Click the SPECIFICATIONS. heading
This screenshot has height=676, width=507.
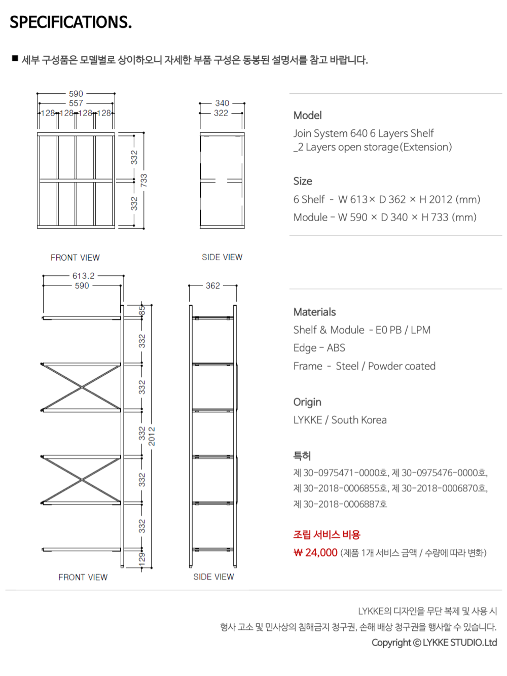[x=70, y=22]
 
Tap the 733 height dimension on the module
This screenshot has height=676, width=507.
[x=144, y=180]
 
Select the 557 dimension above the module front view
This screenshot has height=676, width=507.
[x=76, y=103]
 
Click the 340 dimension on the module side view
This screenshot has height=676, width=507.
[x=222, y=103]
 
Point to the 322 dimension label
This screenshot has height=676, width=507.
[x=221, y=113]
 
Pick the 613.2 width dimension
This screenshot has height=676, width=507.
[x=83, y=276]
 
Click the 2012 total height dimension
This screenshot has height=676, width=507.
[x=152, y=436]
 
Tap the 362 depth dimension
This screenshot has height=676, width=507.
[x=213, y=286]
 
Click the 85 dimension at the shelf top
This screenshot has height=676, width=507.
[x=142, y=310]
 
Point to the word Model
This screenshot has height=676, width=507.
[x=307, y=116]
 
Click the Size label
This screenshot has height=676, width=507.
[x=303, y=181]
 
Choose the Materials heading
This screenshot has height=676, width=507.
[x=314, y=312]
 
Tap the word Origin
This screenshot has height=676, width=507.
[x=307, y=402]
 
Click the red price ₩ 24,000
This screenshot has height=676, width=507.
[x=315, y=553]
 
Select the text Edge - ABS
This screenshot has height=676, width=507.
[x=319, y=348]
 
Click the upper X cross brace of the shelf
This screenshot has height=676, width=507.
[x=81, y=387]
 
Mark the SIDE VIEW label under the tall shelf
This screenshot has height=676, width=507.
[x=213, y=577]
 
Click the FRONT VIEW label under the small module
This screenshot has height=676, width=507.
[x=75, y=258]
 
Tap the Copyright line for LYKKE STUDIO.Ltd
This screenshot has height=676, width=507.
[x=434, y=643]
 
